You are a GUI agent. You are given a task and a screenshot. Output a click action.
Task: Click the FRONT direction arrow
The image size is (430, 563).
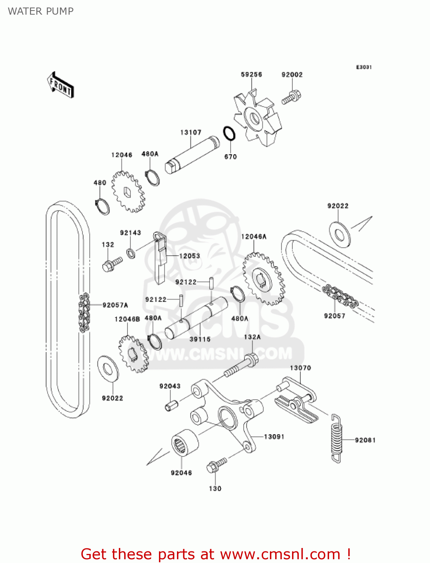pyautogui.click(x=60, y=85)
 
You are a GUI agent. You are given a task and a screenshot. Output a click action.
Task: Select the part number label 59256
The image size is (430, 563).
pyautogui.click(x=251, y=74)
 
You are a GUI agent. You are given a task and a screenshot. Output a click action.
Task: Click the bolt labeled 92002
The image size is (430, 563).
pyautogui.click(x=291, y=97)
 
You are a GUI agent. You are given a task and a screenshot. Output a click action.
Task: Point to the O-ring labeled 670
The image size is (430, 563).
pyautogui.click(x=229, y=133)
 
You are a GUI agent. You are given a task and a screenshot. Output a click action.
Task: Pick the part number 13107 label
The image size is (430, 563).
pyautogui.click(x=191, y=132)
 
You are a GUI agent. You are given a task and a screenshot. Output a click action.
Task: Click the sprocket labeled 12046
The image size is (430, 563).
pyautogui.click(x=128, y=192)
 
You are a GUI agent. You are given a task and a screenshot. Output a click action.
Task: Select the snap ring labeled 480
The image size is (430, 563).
pyautogui.click(x=102, y=206)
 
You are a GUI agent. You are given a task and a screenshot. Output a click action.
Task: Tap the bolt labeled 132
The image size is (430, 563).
pyautogui.click(x=112, y=265)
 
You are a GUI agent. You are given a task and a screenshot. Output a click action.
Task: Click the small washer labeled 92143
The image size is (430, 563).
pyautogui.click(x=131, y=253)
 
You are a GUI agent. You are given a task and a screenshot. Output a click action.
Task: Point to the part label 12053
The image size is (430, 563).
pyautogui.click(x=189, y=256)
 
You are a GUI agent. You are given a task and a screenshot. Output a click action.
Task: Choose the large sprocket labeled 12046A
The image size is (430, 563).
pyautogui.click(x=264, y=279)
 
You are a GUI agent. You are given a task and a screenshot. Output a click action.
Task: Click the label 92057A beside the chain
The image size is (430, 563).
pyautogui.click(x=115, y=305)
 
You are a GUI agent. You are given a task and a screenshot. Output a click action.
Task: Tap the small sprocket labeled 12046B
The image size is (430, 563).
pyautogui.click(x=133, y=354)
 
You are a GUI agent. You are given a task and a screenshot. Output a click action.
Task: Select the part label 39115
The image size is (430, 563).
pyautogui.click(x=200, y=339)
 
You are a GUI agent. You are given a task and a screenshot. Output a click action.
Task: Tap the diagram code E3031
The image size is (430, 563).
pyautogui.click(x=364, y=67)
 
